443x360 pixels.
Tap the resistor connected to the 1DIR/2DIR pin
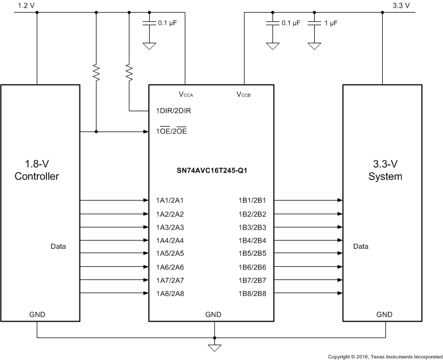point(129,72)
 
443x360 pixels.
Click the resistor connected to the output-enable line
point(96,72)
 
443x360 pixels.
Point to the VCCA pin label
point(186,94)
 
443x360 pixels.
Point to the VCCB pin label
point(243,94)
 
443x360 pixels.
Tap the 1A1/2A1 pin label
point(169,201)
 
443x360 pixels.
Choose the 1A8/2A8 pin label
point(169,293)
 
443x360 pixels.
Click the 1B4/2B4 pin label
point(253,241)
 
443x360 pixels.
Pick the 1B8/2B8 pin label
point(253,293)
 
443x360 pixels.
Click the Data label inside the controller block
point(58,247)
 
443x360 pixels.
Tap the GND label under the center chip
point(213,315)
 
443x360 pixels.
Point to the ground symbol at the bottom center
point(215,347)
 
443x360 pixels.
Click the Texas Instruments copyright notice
point(384,356)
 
